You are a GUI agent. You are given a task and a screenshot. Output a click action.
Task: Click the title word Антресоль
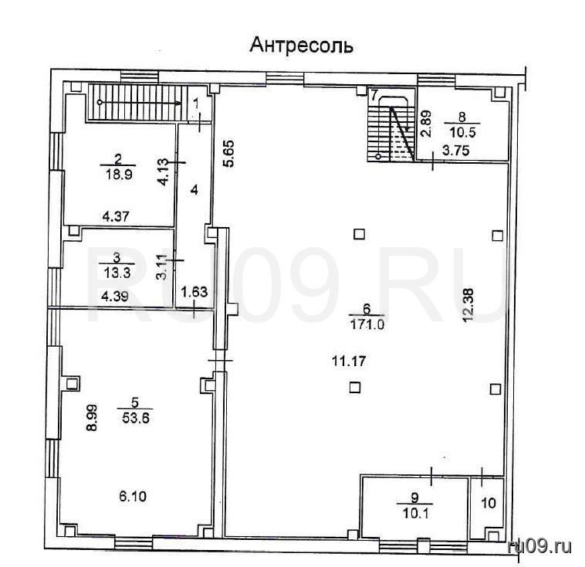tap(301, 46)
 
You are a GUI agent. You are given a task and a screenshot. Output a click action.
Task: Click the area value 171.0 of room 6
tap(367, 324)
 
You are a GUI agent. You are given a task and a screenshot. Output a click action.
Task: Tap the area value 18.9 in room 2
tap(119, 175)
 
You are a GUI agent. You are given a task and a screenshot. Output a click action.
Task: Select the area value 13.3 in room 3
tap(117, 273)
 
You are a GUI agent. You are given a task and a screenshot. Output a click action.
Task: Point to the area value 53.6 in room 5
tap(135, 418)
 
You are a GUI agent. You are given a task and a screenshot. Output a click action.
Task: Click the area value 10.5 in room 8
tap(462, 133)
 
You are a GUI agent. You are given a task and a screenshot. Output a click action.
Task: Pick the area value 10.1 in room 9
tap(416, 514)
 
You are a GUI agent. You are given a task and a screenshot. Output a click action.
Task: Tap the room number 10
tap(489, 503)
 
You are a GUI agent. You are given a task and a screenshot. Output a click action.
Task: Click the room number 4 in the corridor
tap(194, 190)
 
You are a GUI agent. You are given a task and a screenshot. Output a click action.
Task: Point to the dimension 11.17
tap(349, 361)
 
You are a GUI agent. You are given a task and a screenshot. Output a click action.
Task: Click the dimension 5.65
tap(228, 153)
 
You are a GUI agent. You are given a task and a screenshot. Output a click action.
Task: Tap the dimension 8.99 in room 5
tap(92, 418)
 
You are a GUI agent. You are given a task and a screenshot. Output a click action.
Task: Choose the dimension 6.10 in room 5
tap(133, 497)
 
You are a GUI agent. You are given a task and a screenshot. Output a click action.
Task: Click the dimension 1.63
tap(194, 291)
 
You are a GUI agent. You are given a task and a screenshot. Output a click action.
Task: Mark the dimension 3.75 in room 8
tap(455, 151)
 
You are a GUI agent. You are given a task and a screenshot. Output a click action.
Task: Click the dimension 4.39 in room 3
tap(115, 296)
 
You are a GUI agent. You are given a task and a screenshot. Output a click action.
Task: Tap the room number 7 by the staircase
tap(374, 95)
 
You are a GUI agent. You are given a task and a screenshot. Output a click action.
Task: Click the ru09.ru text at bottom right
tap(539, 547)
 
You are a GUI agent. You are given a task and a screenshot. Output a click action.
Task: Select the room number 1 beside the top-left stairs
tap(197, 104)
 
